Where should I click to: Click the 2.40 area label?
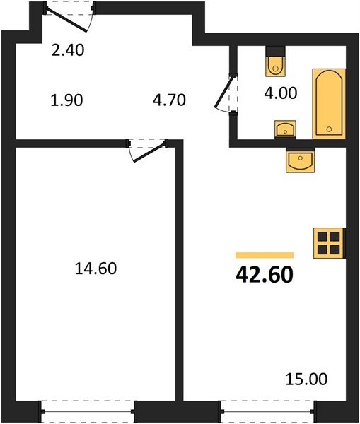click(x=68, y=50)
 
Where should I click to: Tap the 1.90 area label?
click(x=66, y=100)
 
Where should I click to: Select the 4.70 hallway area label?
click(x=169, y=100)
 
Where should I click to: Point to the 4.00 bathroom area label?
click(x=281, y=93)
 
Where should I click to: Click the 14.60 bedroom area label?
click(x=95, y=269)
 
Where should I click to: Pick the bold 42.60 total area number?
click(x=265, y=275)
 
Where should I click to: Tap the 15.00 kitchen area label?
click(x=306, y=379)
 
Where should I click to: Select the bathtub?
click(x=329, y=104)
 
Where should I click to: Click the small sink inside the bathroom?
click(x=285, y=129)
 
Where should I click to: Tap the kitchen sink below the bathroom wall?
click(x=300, y=160)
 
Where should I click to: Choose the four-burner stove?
click(x=330, y=243)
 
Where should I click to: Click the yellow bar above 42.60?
click(x=265, y=255)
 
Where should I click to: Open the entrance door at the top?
click(x=69, y=17)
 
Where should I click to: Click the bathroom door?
click(x=226, y=93)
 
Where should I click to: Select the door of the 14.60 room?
click(x=147, y=150)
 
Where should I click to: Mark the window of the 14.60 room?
click(x=88, y=411)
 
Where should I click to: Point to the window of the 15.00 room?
click(x=268, y=411)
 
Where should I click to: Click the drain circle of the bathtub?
click(x=329, y=129)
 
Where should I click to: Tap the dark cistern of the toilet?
click(x=275, y=51)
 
